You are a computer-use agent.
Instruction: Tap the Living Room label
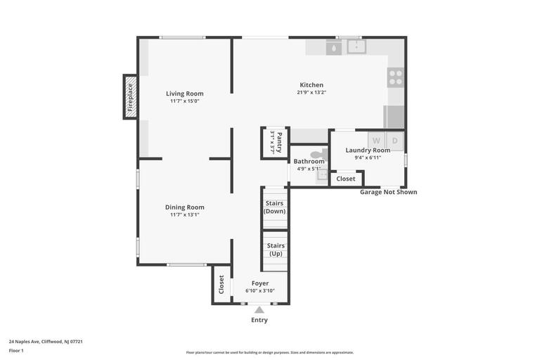click(x=185, y=94)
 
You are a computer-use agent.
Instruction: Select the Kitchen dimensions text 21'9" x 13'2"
click(x=311, y=92)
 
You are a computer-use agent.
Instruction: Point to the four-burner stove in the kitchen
click(x=396, y=77)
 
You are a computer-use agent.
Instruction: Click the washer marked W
click(x=376, y=140)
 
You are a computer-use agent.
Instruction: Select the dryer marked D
click(x=394, y=140)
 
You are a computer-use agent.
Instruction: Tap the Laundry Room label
click(x=368, y=150)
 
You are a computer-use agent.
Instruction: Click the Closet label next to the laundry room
click(x=346, y=179)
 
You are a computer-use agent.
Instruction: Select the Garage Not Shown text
click(x=388, y=192)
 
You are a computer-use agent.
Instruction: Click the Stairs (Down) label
click(x=274, y=207)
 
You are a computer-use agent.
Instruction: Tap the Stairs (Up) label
click(x=274, y=250)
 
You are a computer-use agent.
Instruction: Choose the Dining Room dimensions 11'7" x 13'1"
click(x=185, y=214)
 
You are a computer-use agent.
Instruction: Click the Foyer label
click(x=259, y=283)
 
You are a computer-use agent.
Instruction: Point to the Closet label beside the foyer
click(x=221, y=284)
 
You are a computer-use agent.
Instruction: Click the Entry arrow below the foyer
click(x=259, y=309)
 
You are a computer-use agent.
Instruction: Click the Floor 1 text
click(x=16, y=350)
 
